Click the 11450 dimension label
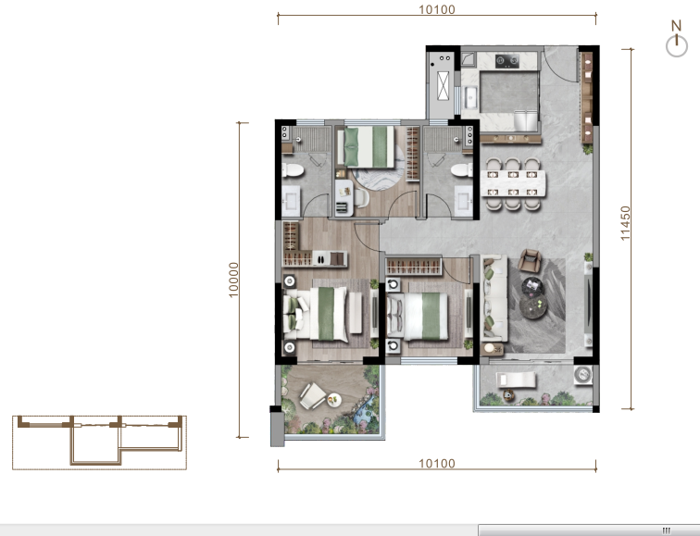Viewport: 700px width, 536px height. coord(625,223)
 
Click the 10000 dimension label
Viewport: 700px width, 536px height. coord(233,280)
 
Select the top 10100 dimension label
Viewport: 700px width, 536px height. coord(437,9)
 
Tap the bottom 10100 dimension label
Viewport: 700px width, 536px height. coord(437,464)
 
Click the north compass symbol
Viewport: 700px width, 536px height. coord(677,39)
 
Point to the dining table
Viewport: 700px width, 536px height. coord(513,183)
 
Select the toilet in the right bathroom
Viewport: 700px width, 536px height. coord(462,170)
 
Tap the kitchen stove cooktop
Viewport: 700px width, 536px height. coord(507,61)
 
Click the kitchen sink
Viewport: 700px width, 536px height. coord(470,98)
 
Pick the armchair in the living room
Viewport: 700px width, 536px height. coord(530,261)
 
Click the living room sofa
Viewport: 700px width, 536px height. coord(494,298)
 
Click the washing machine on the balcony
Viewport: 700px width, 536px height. coord(583,374)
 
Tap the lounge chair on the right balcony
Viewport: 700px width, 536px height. coord(516,380)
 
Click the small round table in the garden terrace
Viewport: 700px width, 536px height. coord(334,400)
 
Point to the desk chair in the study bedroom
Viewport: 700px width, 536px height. coord(360,199)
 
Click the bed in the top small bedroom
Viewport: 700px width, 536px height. coord(366,147)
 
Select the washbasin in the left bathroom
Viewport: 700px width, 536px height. coord(291,200)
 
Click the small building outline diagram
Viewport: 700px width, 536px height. coord(99,442)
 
